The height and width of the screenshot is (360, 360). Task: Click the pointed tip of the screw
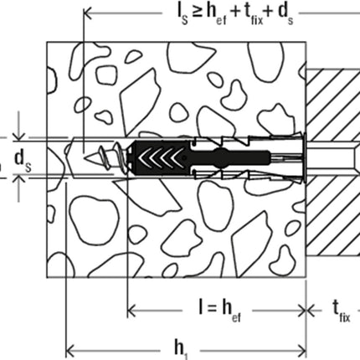tap(85, 158)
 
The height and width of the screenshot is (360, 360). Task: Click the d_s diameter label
tap(23, 162)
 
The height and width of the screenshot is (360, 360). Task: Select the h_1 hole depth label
tap(181, 350)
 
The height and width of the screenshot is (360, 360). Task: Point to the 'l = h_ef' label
tap(219, 310)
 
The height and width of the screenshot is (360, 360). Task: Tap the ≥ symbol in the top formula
tap(197, 13)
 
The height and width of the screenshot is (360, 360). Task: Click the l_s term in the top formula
tap(183, 14)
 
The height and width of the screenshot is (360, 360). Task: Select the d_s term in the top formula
tap(285, 15)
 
